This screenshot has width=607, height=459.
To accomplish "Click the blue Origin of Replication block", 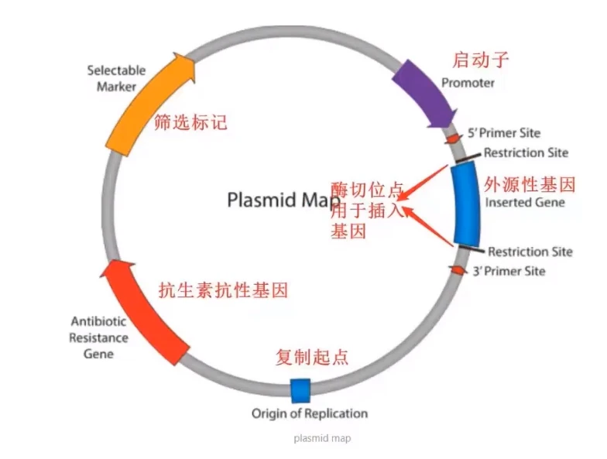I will [x=300, y=390].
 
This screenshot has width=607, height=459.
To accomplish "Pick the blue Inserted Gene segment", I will [x=466, y=204].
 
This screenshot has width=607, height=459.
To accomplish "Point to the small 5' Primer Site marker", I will [x=452, y=138].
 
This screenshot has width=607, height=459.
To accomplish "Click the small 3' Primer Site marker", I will [x=458, y=269].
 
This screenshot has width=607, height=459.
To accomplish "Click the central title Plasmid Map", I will [x=283, y=200].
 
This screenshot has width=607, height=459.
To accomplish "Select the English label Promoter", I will [x=468, y=83].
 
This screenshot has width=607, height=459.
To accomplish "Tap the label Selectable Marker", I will [x=116, y=78].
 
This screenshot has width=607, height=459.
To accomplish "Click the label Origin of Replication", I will [x=309, y=413].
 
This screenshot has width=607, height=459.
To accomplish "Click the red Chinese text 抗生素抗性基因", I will [x=223, y=290].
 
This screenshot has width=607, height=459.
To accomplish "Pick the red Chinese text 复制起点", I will [x=312, y=357].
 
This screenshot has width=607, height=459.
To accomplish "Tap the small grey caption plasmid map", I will [x=322, y=439].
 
